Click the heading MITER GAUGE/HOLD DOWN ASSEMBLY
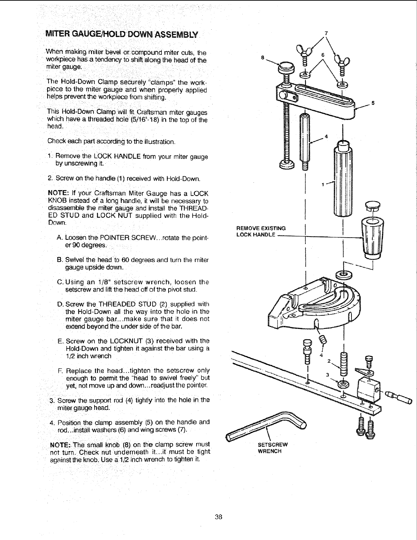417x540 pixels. (x=122, y=34)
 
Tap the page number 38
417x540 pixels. (x=218, y=517)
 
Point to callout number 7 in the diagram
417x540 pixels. (x=326, y=33)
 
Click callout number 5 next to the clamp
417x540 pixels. (x=373, y=103)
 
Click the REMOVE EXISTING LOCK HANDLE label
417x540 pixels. (x=261, y=231)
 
